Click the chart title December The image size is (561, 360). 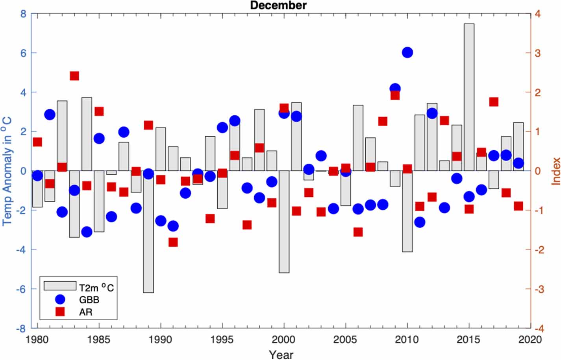[x=278, y=5]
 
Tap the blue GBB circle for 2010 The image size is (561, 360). [x=407, y=52]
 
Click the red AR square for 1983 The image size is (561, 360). [x=74, y=76]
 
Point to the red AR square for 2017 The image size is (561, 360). [x=494, y=102]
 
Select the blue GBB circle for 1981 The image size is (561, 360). [x=50, y=114]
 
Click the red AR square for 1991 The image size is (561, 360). [x=173, y=242]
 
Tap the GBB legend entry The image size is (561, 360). [x=89, y=300]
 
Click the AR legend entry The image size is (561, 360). [x=85, y=312]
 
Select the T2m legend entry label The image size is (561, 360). [x=96, y=288]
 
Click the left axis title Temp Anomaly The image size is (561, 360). [x=7, y=171]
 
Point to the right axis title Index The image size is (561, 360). [x=555, y=171]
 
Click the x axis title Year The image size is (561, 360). [x=281, y=354]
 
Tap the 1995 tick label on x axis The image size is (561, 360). [x=222, y=340]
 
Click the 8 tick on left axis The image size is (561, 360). [x=23, y=14]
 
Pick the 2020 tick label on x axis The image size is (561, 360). [x=530, y=340]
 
